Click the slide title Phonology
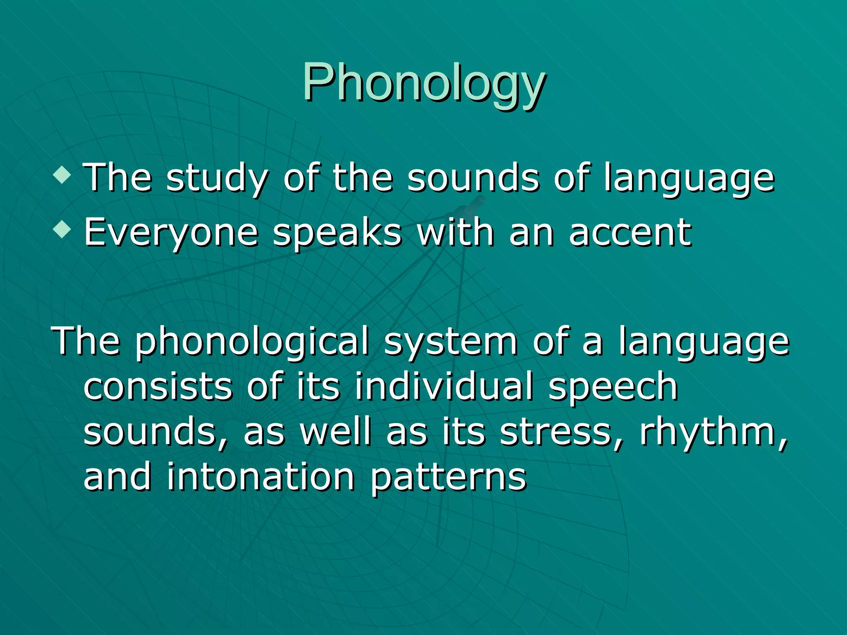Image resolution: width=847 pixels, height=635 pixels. tap(423, 83)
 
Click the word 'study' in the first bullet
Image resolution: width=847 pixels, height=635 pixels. tap(217, 179)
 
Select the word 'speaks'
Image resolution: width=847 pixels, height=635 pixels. tap(337, 233)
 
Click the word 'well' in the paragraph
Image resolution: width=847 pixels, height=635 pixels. tap(335, 432)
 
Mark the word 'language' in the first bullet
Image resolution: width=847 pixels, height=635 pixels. tap(689, 179)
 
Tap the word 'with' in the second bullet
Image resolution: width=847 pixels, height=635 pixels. tap(455, 232)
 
